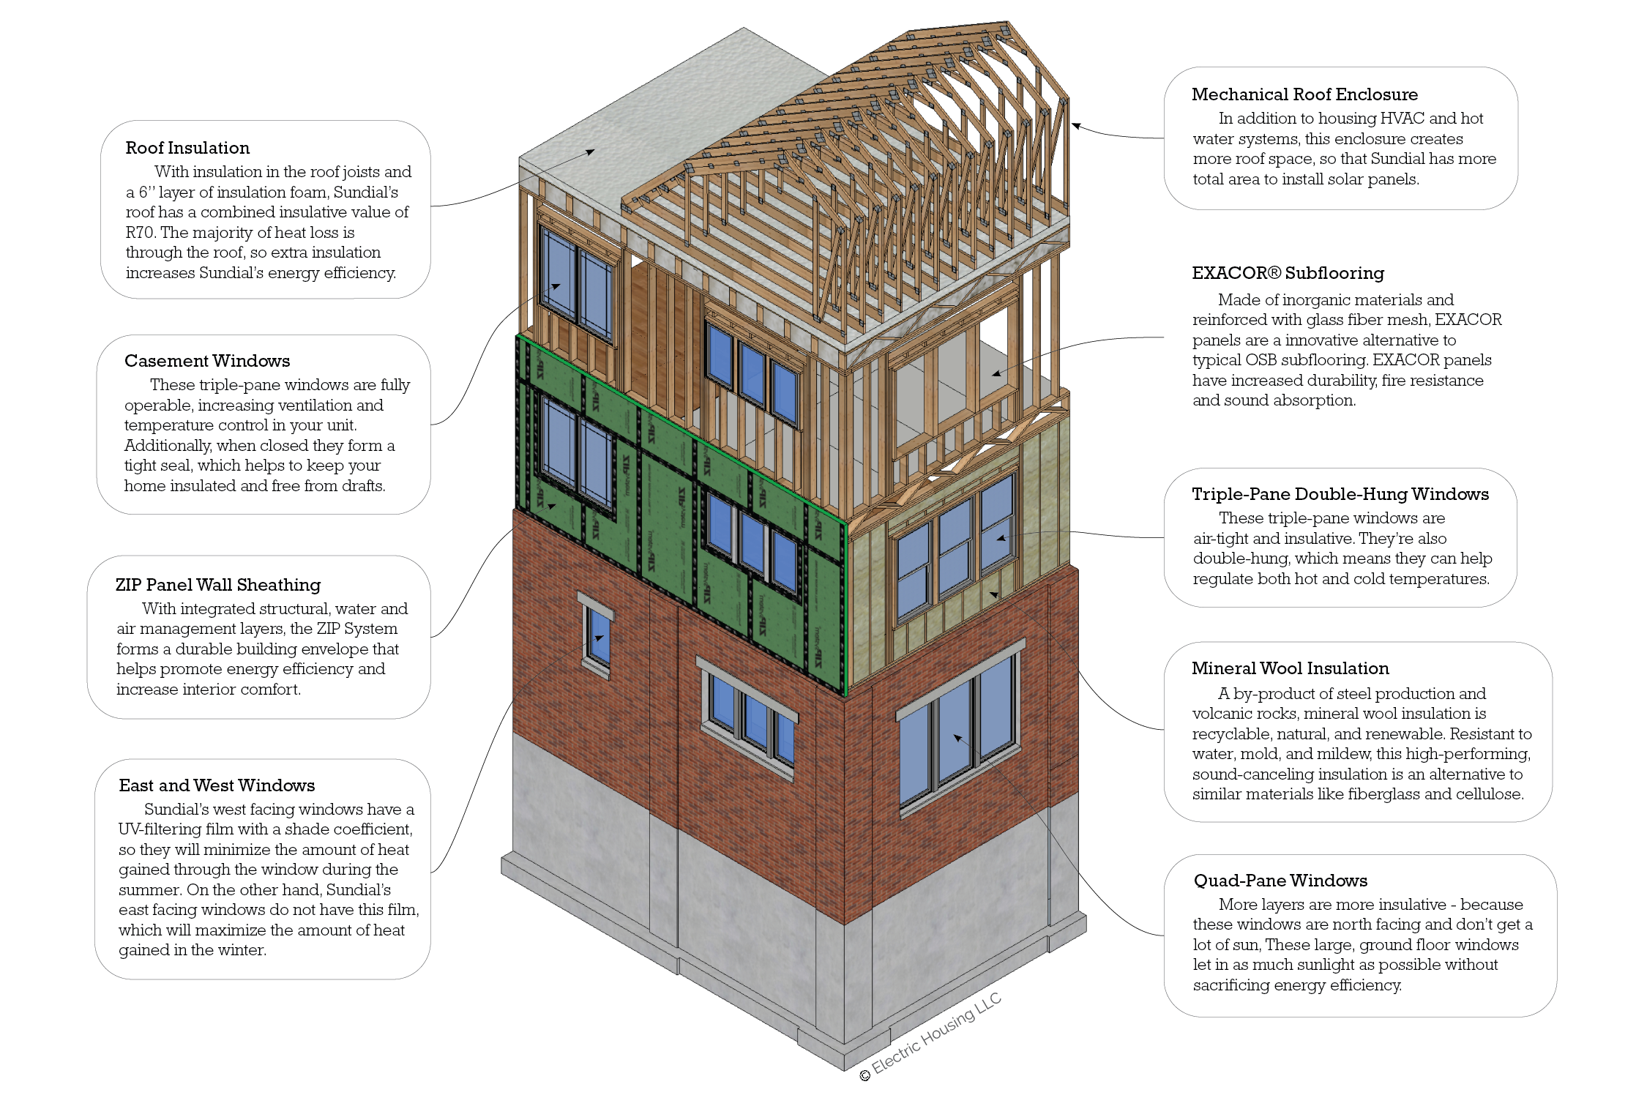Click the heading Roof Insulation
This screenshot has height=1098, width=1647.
pos(187,148)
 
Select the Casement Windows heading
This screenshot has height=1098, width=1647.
pos(207,361)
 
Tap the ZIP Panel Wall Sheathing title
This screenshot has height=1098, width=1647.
pos(218,585)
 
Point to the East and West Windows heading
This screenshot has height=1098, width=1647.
pos(217,785)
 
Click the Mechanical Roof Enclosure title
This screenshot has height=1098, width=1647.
pos(1304,94)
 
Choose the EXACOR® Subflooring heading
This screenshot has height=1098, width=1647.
pos(1288,273)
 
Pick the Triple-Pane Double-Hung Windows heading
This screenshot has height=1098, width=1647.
pos(1340,494)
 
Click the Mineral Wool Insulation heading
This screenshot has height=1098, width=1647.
pos(1290,668)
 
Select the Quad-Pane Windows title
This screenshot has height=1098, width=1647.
pos(1280,881)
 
